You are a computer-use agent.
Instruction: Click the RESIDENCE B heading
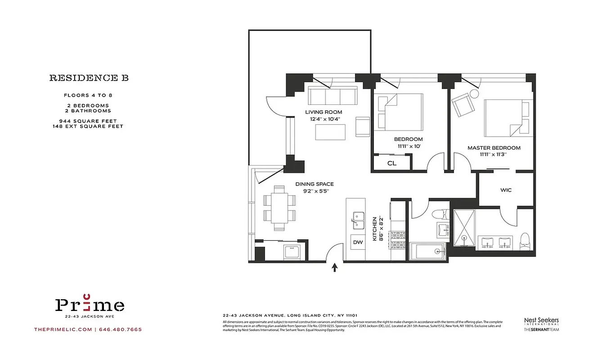89,78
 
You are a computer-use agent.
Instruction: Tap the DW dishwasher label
358,242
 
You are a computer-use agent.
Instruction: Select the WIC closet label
506,190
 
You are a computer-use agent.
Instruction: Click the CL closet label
392,163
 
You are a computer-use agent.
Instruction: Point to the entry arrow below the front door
334,268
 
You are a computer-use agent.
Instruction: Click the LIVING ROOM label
323,112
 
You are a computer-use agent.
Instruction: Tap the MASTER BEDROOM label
494,148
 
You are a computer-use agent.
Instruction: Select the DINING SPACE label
314,184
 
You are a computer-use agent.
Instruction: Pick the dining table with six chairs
279,207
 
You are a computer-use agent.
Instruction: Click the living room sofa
332,95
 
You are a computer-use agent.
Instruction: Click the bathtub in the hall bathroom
427,251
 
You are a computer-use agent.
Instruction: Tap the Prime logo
90,306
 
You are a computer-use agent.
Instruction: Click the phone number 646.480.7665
120,329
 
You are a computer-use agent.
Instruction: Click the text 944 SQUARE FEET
88,121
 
